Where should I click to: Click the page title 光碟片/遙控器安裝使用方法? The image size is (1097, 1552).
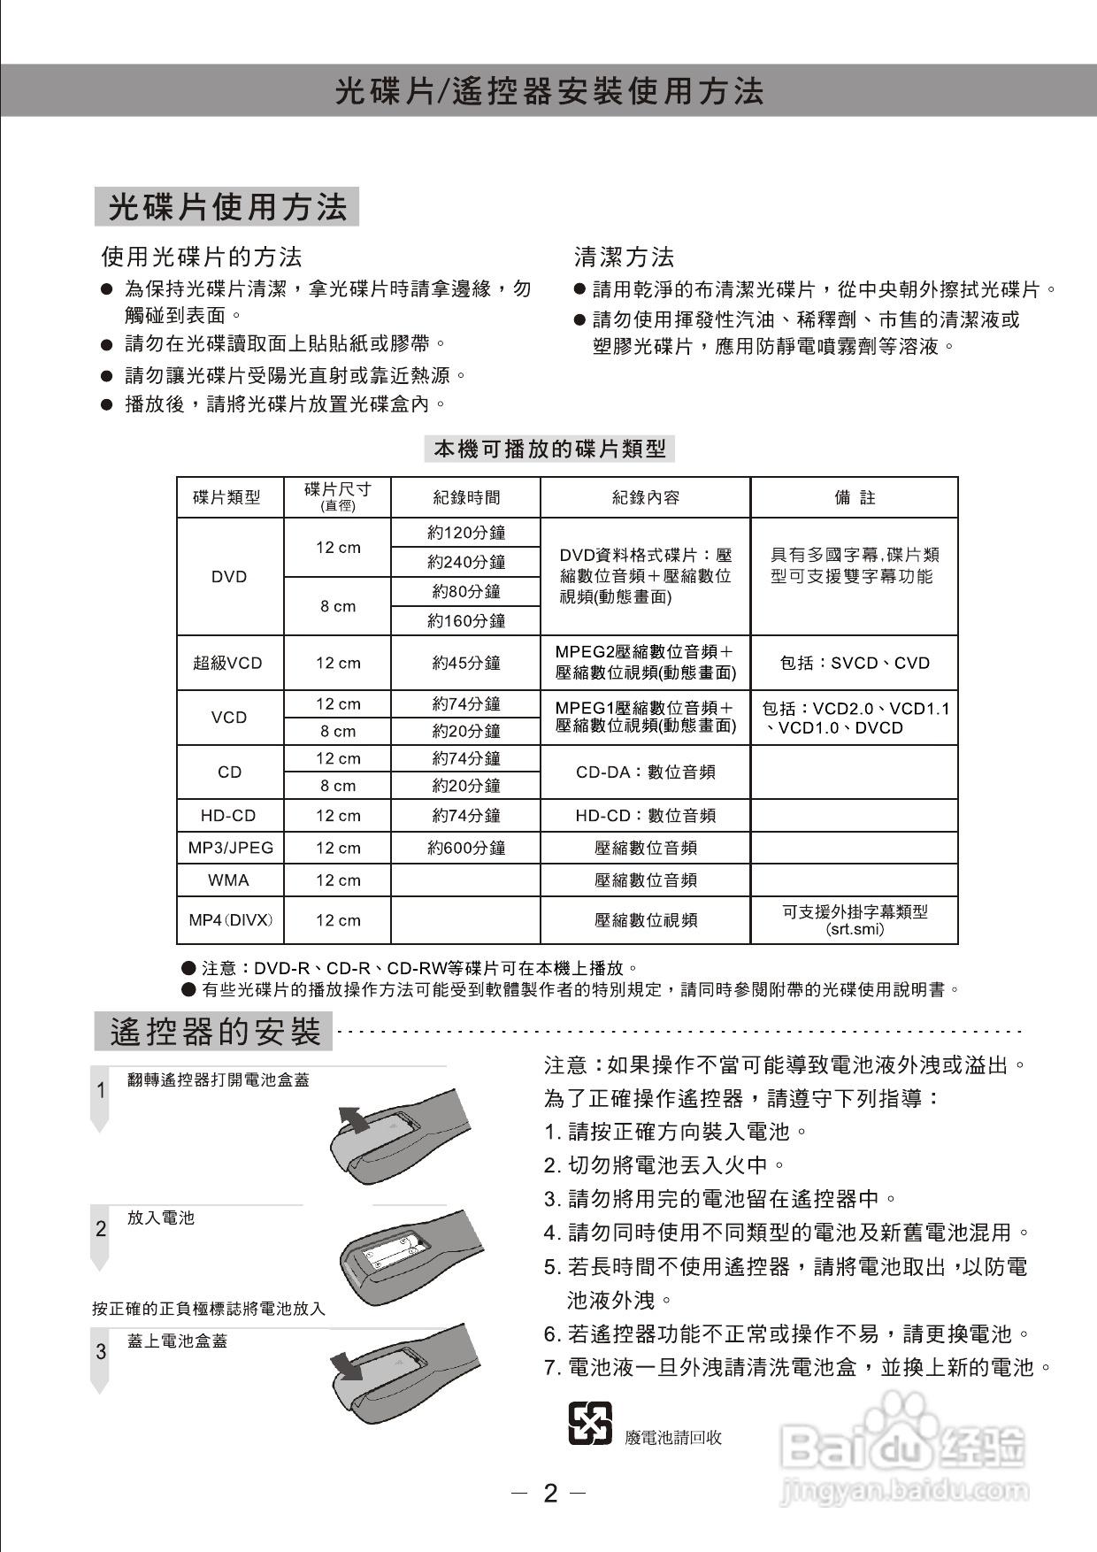(548, 91)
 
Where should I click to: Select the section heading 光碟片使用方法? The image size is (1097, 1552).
(226, 207)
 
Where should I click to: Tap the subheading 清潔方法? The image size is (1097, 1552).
(624, 257)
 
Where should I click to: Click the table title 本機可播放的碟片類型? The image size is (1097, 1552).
(549, 449)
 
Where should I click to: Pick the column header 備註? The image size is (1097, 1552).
(855, 498)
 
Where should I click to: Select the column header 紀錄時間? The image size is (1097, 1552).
(466, 498)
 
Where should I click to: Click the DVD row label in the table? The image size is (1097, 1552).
(229, 577)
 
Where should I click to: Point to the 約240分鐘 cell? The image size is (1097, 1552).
(466, 563)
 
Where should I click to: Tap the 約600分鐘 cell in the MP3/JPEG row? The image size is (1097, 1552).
(466, 848)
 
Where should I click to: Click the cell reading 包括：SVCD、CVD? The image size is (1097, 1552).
(855, 663)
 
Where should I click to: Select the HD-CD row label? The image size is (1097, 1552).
(229, 816)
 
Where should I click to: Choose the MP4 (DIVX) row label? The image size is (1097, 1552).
(230, 920)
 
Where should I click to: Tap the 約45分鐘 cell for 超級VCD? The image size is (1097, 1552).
(466, 663)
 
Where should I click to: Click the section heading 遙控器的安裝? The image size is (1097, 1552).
(214, 1033)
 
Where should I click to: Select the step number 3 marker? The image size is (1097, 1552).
(101, 1352)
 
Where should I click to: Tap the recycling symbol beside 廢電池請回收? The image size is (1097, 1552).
(589, 1424)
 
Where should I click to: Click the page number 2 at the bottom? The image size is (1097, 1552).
(550, 1494)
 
